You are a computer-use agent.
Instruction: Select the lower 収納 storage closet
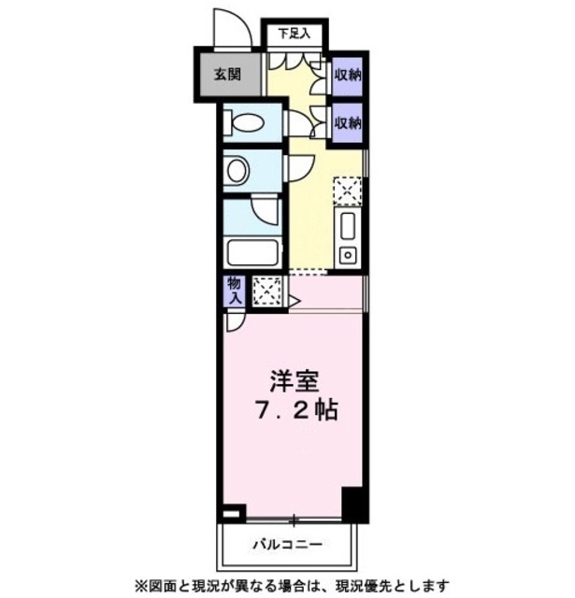click(348, 122)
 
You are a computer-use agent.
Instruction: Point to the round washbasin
click(237, 171)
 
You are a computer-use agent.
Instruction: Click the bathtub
click(252, 253)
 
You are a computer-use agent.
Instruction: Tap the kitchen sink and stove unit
click(348, 238)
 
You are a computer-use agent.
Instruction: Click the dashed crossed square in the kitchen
click(347, 192)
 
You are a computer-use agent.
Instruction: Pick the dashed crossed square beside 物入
click(266, 292)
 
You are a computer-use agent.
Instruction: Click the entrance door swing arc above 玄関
click(227, 25)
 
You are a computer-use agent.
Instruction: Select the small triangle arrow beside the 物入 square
click(292, 301)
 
